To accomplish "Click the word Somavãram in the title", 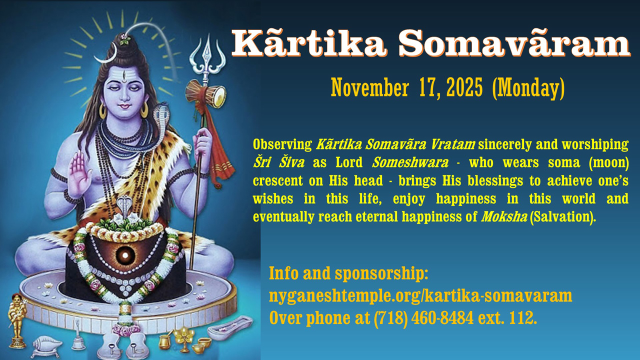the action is coord(514,44).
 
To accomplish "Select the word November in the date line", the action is coord(369,87).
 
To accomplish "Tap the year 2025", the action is coord(464,87).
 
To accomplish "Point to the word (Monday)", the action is coord(528,88).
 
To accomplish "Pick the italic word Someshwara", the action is coord(410,162).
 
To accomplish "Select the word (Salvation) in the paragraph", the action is coord(562,217).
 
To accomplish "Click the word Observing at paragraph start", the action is coord(282,145).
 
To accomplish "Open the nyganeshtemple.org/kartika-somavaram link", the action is coord(420,296).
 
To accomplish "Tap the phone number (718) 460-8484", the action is coord(423,318).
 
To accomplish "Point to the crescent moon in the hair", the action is coord(107,55).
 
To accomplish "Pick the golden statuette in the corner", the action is coord(17,320).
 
